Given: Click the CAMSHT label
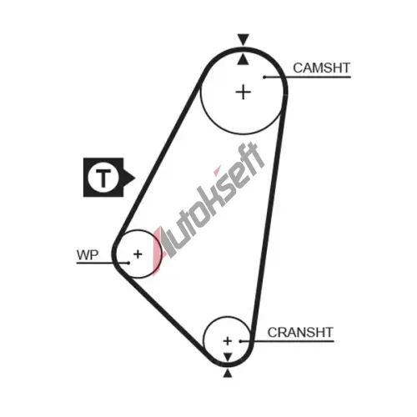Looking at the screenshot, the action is pyautogui.click(x=322, y=68).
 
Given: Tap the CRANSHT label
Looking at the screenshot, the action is pyautogui.click(x=300, y=332).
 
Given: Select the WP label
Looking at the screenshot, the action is pyautogui.click(x=88, y=254).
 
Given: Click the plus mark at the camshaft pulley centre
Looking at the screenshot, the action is pyautogui.click(x=244, y=92).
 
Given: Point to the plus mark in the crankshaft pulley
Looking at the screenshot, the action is pyautogui.click(x=228, y=341).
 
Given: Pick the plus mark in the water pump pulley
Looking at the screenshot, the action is pyautogui.click(x=138, y=254).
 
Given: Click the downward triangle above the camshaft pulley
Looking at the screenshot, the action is pyautogui.click(x=244, y=39).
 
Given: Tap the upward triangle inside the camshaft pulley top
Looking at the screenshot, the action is pyautogui.click(x=244, y=59).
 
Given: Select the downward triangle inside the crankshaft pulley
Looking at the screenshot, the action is pyautogui.click(x=228, y=357).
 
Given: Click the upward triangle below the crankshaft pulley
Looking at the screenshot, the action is pyautogui.click(x=228, y=374).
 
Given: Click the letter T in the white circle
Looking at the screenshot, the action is pyautogui.click(x=103, y=178).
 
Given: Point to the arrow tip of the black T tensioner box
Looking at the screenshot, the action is pyautogui.click(x=135, y=178).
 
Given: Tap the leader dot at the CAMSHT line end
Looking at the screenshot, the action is pyautogui.click(x=264, y=77).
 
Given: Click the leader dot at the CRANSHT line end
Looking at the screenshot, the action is pyautogui.click(x=240, y=341).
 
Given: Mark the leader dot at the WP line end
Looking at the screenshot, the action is pyautogui.click(x=128, y=263).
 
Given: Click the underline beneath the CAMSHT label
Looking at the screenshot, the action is pyautogui.click(x=308, y=77).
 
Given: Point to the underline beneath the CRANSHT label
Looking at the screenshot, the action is pyautogui.click(x=287, y=341).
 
